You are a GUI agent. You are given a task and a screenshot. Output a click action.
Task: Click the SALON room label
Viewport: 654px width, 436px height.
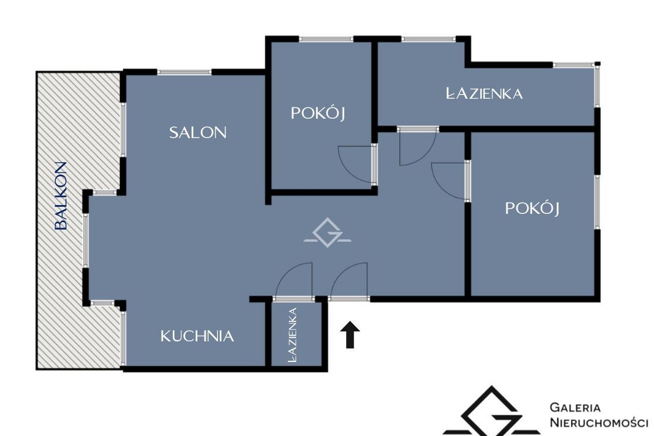click(x=197, y=133)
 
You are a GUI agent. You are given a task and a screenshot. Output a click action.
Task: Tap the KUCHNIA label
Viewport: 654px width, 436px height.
click(x=197, y=336)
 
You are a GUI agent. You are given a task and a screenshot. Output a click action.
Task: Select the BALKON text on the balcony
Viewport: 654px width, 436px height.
click(x=61, y=196)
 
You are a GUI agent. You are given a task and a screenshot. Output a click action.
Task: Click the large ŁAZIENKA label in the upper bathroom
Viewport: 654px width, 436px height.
click(x=484, y=93)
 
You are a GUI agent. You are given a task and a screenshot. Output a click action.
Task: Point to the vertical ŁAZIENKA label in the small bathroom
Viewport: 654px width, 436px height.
click(x=293, y=334)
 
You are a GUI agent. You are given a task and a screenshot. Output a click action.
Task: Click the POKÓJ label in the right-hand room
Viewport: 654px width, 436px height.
click(x=532, y=208)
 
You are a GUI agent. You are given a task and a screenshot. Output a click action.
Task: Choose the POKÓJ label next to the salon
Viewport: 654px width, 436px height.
click(x=318, y=113)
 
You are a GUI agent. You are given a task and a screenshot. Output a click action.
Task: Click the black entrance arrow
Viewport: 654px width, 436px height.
click(x=350, y=334)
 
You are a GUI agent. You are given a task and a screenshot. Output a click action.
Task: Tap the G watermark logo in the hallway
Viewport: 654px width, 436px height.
click(x=327, y=232)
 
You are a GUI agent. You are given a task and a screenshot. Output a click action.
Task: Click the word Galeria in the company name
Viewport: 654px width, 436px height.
click(x=575, y=408)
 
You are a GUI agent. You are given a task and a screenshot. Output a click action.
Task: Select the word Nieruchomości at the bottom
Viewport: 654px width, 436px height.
click(x=599, y=422)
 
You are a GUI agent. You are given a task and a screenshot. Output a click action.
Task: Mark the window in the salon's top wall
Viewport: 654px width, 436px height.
click(x=185, y=72)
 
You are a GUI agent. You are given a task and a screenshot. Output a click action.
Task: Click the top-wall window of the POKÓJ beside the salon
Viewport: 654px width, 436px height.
click(x=326, y=39)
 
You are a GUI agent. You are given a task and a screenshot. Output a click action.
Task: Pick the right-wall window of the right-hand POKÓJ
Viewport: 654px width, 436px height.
click(x=597, y=202)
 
